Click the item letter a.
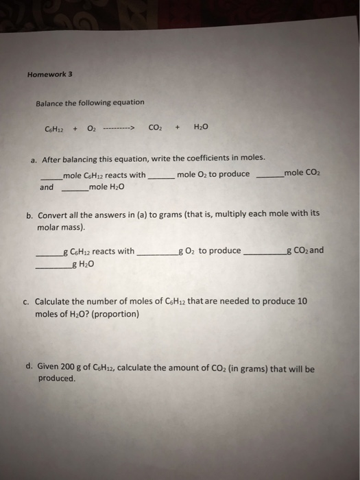(32, 160)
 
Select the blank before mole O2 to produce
(161, 176)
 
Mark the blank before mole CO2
(269, 175)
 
